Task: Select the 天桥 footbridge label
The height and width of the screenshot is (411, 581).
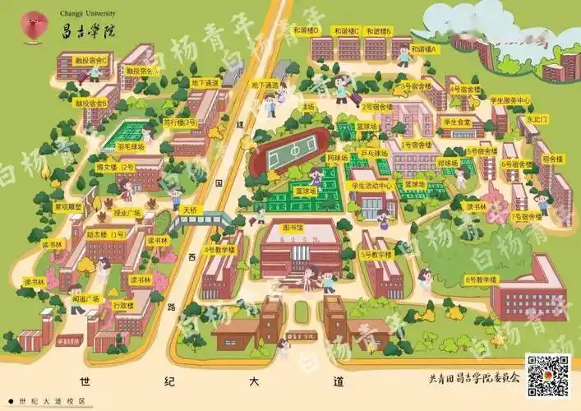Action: coord(191,210)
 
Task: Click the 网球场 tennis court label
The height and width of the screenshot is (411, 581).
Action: coord(338,157)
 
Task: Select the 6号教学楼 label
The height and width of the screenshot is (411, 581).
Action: coord(481,279)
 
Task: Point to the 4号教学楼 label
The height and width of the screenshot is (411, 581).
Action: coord(221,250)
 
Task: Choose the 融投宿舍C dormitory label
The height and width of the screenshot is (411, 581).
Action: coord(91,60)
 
